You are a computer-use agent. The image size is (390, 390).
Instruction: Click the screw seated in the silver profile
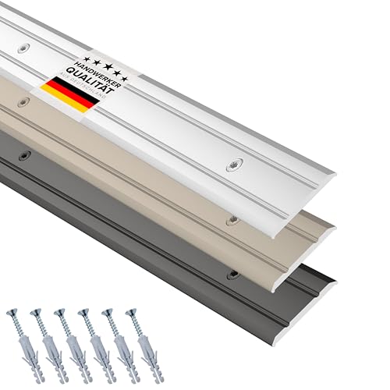tap(232, 167)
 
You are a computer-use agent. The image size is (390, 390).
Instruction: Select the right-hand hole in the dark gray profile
tap(232, 275)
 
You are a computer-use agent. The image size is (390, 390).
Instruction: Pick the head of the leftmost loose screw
tap(12, 313)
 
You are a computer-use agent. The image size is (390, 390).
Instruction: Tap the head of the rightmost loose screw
tap(129, 314)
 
